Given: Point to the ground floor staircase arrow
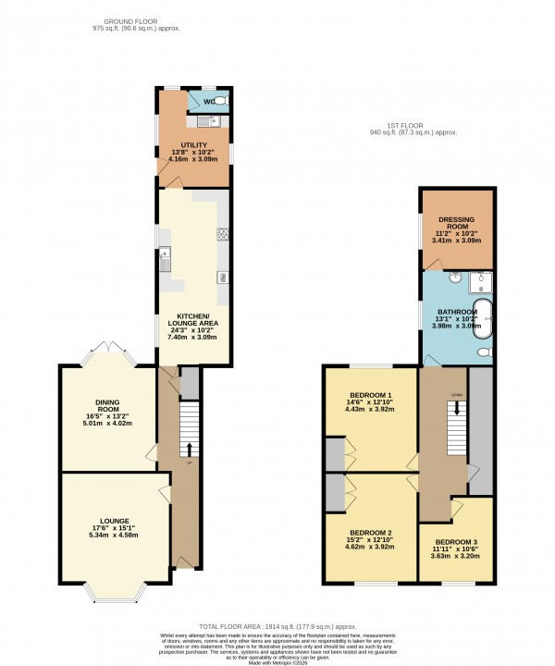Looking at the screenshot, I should (x=191, y=450).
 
